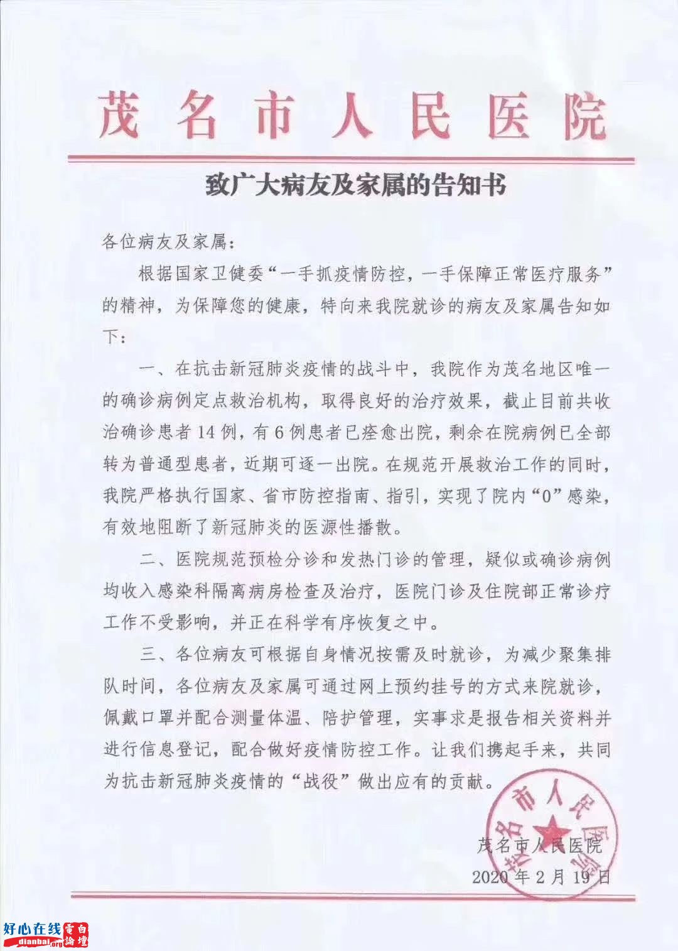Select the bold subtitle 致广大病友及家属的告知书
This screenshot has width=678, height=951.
pos(356,186)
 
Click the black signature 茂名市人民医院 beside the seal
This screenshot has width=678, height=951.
pos(540,845)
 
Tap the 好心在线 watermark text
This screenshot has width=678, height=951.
pos(32,929)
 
